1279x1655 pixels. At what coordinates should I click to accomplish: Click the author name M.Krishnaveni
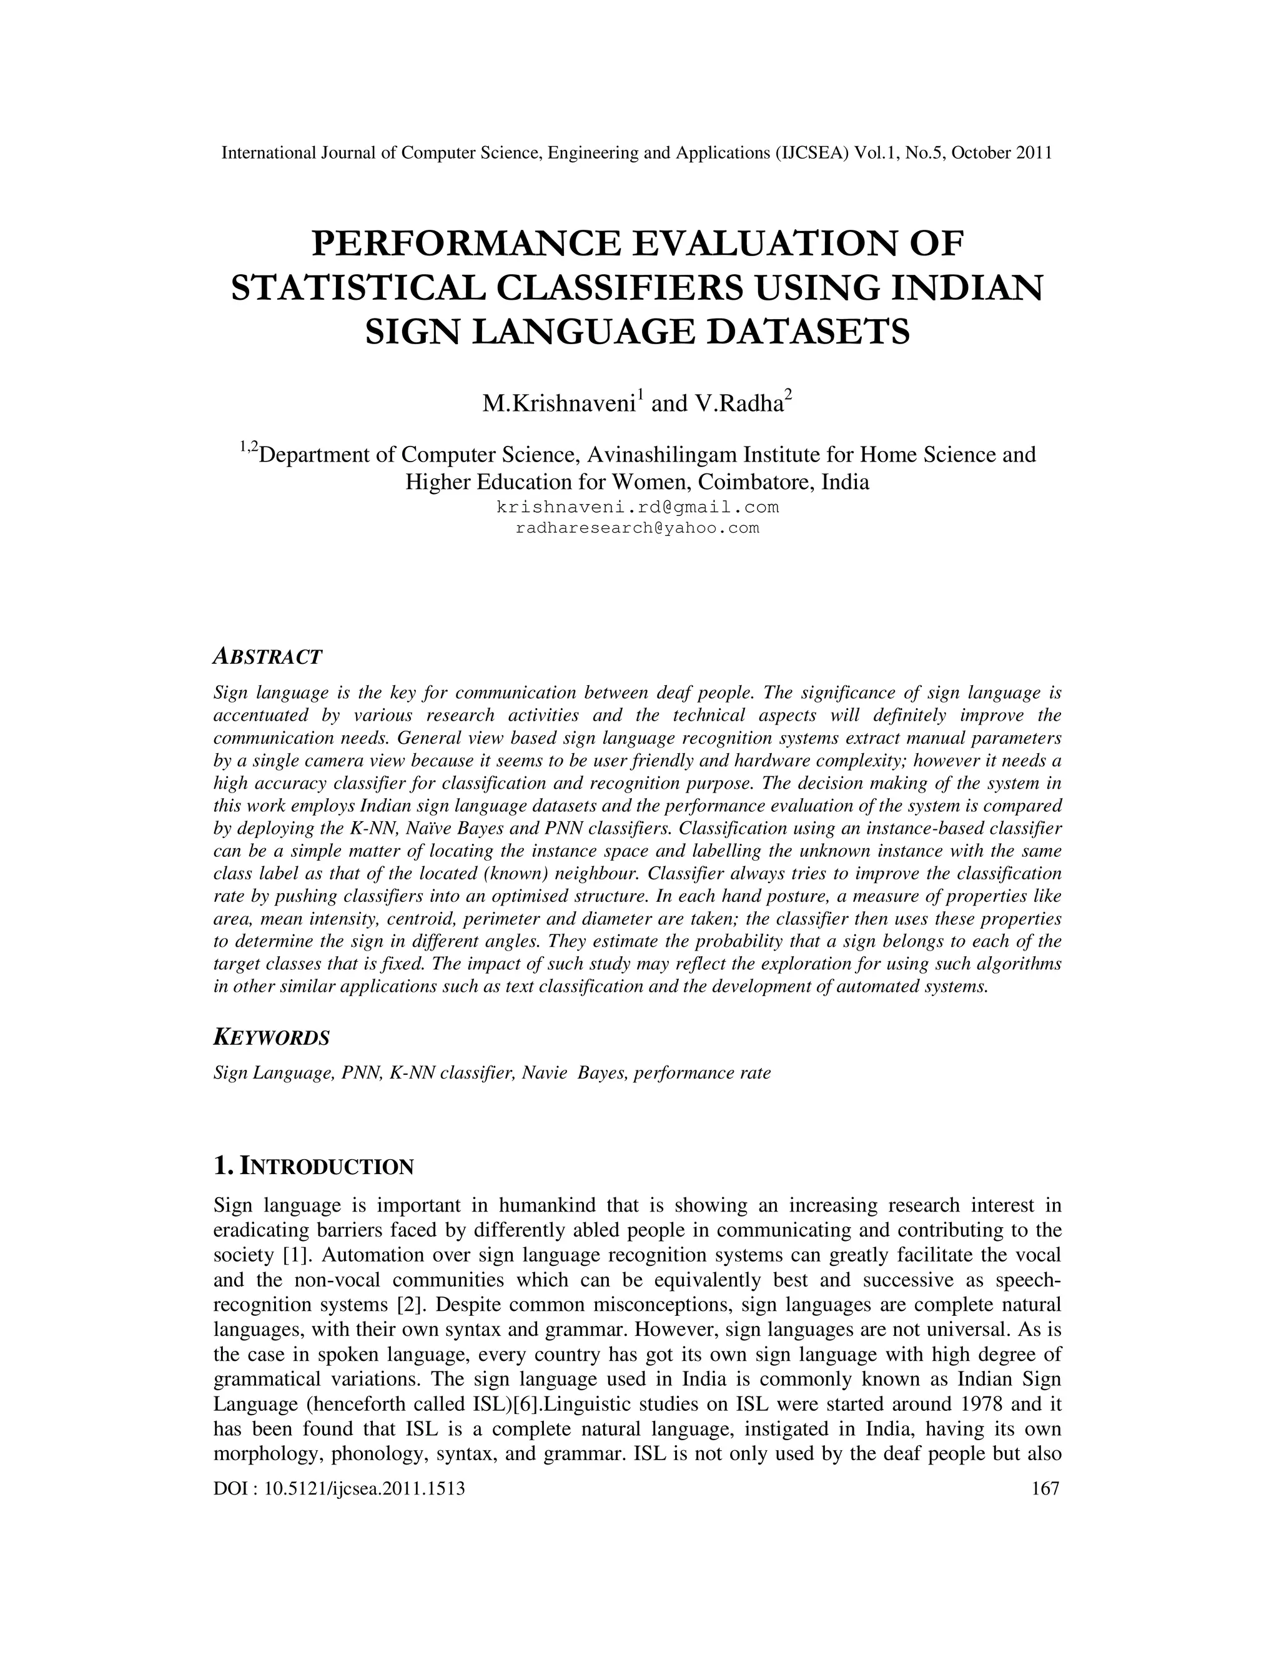(x=559, y=404)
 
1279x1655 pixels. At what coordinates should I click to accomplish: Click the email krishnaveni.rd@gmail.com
(x=637, y=506)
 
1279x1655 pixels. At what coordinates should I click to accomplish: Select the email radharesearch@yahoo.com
(x=637, y=528)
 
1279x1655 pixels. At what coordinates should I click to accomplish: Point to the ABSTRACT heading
(x=268, y=656)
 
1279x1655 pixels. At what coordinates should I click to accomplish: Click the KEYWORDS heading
(x=272, y=1037)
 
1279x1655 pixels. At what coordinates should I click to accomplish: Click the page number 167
(x=1045, y=1489)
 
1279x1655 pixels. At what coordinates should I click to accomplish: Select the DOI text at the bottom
(x=338, y=1489)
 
